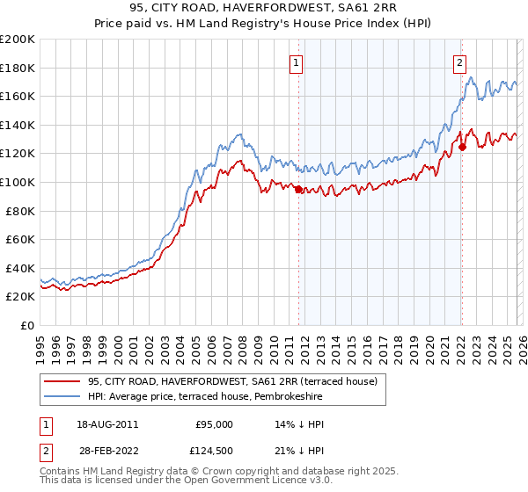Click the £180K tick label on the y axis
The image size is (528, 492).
(18, 68)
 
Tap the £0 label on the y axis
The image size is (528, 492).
(26, 325)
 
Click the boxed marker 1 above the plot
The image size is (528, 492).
(297, 62)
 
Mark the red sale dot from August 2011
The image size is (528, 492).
(298, 189)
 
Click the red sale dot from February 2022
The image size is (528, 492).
(462, 148)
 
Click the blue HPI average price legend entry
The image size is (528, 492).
(205, 397)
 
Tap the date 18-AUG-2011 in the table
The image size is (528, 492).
(107, 423)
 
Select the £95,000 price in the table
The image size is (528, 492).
(214, 423)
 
